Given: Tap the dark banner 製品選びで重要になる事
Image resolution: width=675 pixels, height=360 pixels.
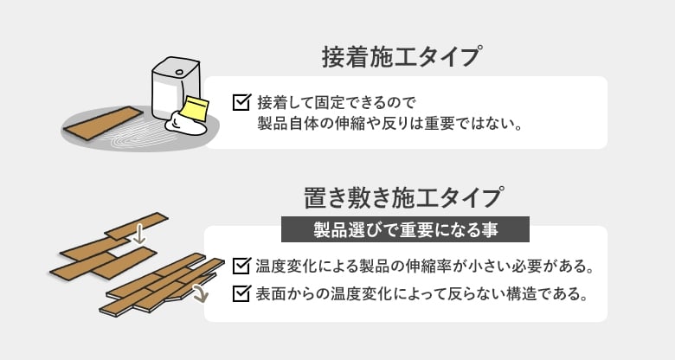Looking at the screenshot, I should pyautogui.click(x=405, y=228).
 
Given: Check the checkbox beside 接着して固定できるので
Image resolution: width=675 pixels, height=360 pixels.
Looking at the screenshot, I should pyautogui.click(x=241, y=102).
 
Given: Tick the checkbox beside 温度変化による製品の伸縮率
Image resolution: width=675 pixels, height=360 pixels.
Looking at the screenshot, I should pyautogui.click(x=241, y=264).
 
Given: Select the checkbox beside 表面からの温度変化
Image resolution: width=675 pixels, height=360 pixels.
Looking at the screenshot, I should pyautogui.click(x=241, y=293).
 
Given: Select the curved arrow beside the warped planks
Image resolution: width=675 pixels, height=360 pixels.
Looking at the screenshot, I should pyautogui.click(x=201, y=293).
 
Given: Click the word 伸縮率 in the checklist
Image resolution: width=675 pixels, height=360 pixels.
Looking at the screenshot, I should pyautogui.click(x=446, y=264).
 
